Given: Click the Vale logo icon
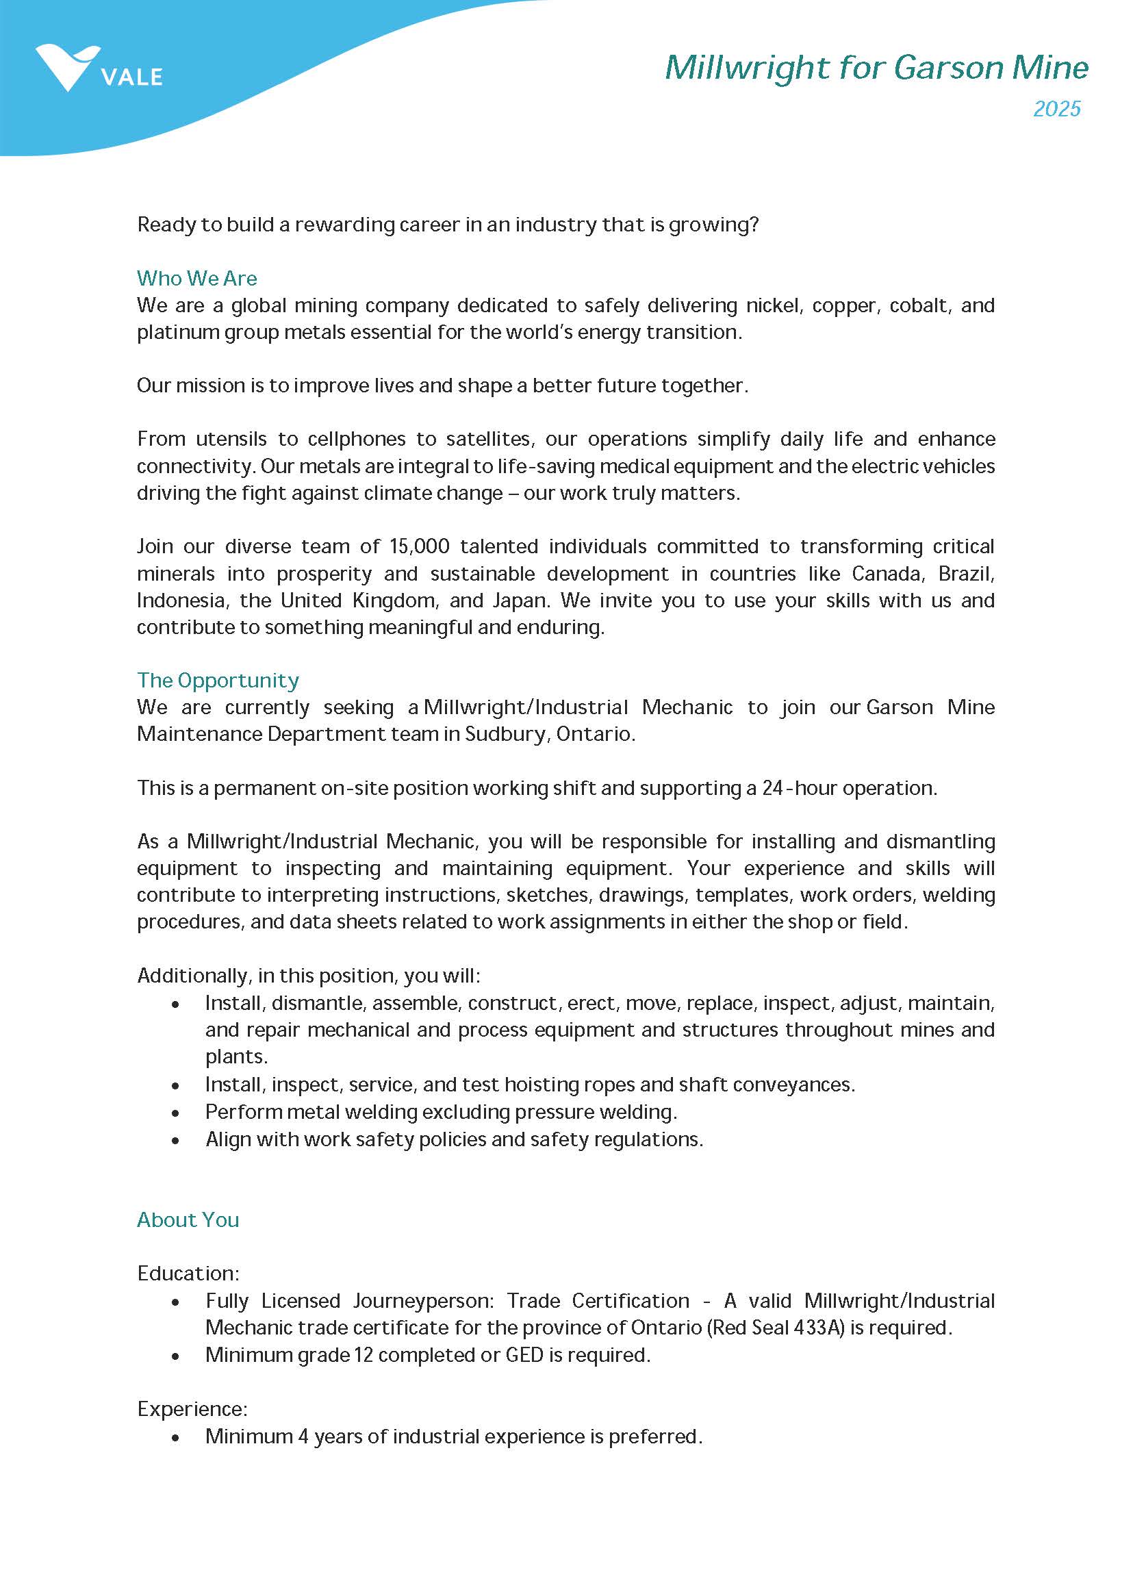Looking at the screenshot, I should (68, 67).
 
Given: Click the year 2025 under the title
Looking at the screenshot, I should (1056, 109).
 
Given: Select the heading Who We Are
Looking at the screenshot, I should (196, 279).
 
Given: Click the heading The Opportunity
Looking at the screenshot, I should (218, 680).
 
